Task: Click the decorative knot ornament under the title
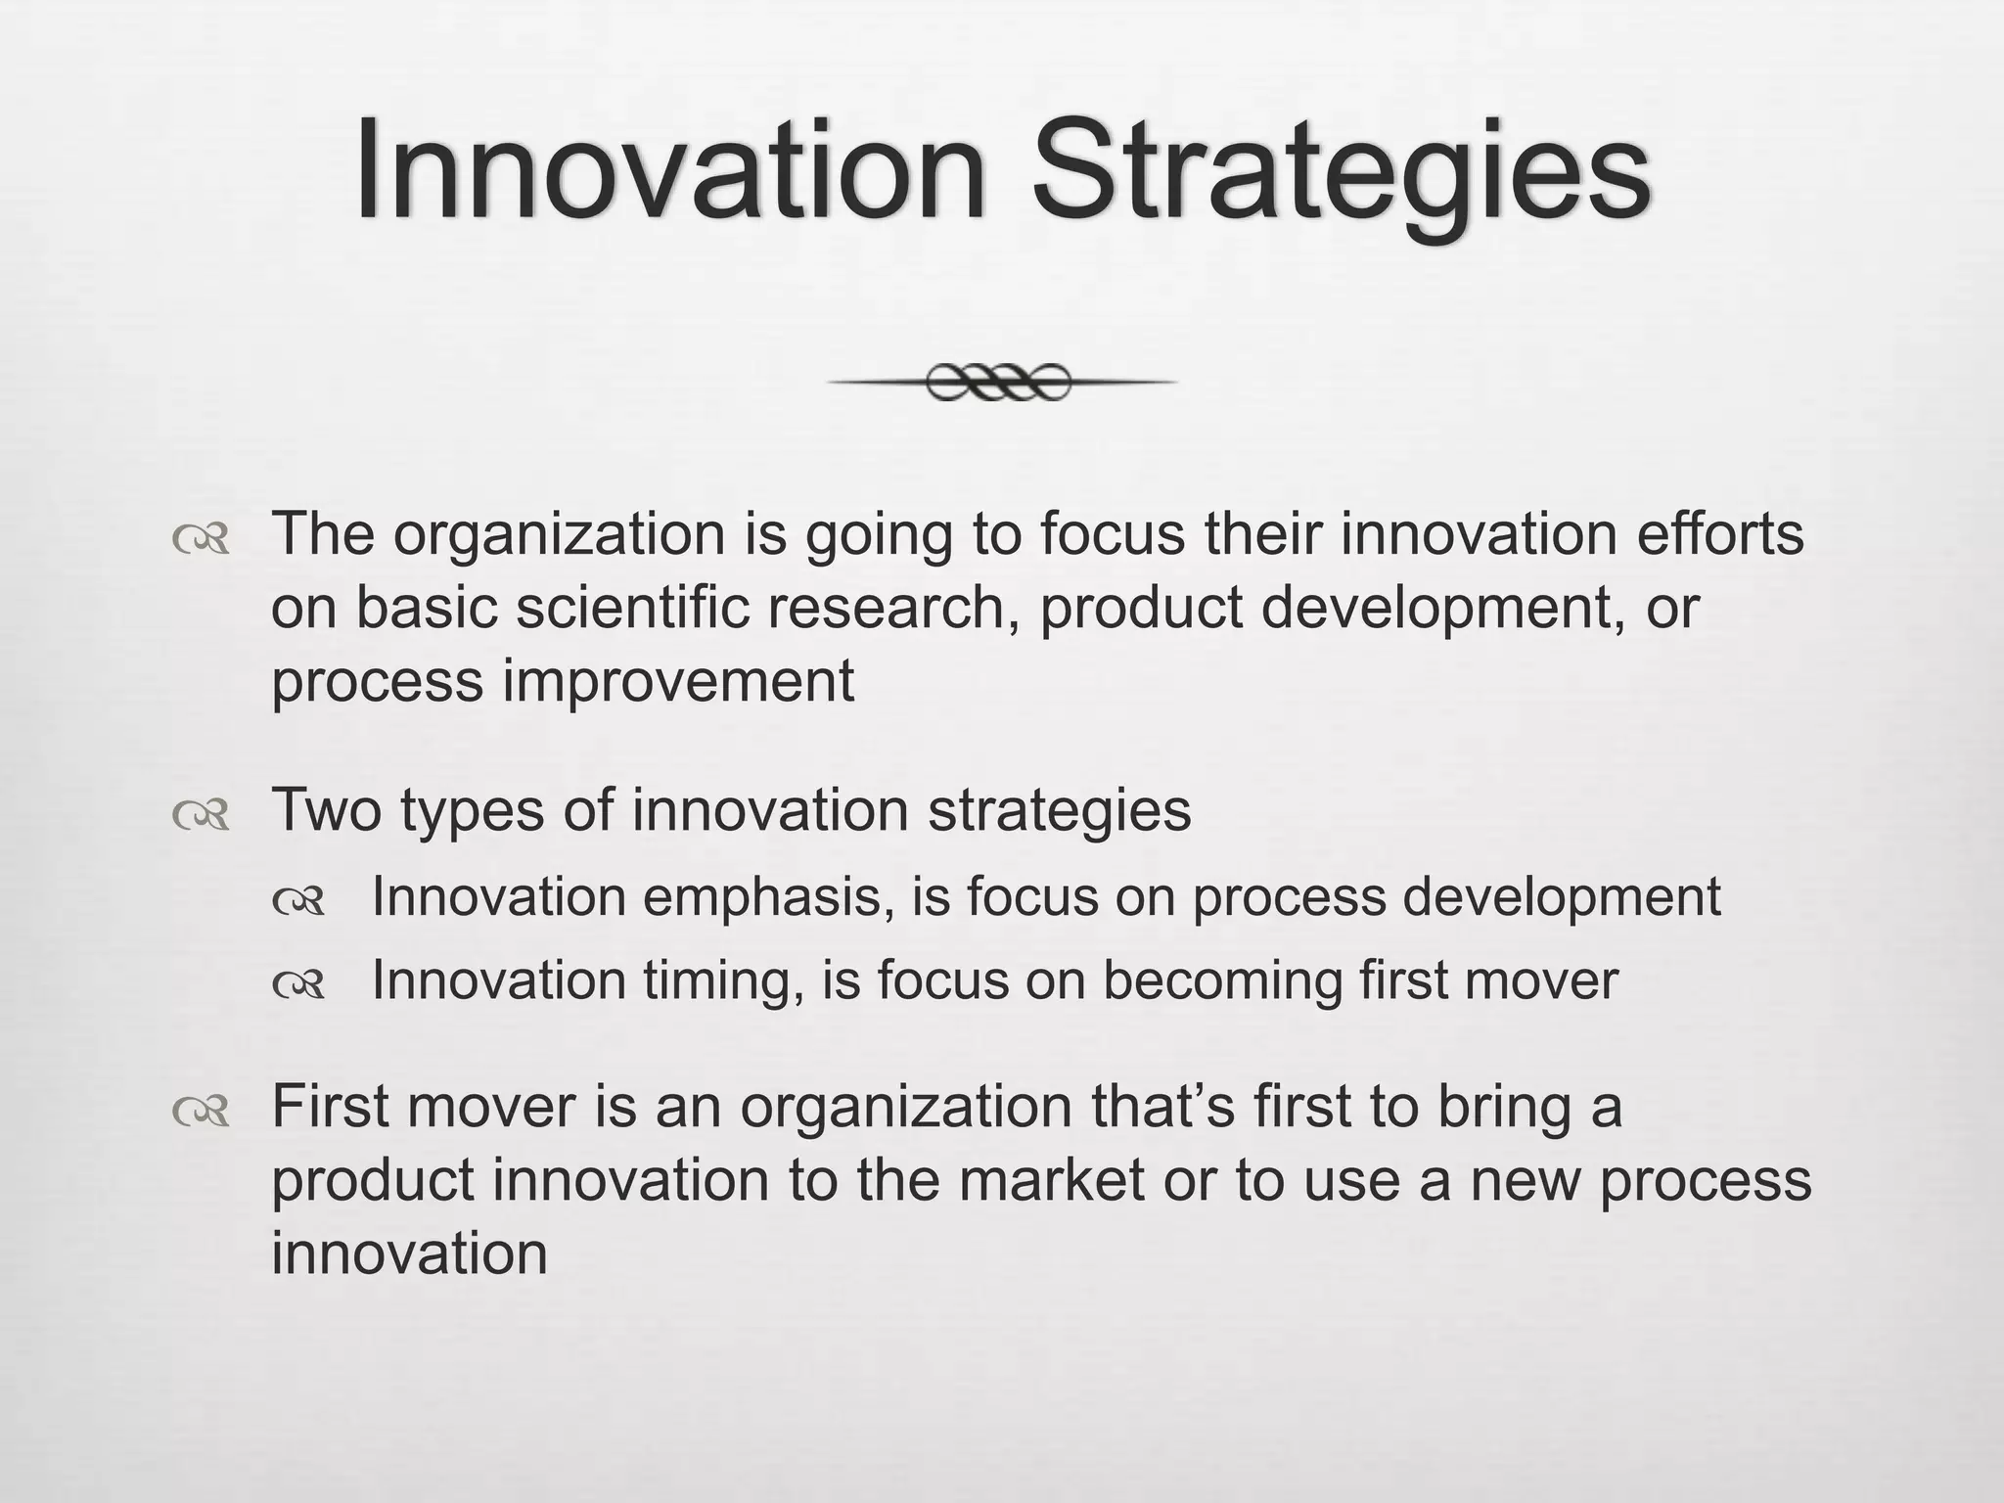tap(999, 382)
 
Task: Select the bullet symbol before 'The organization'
tap(201, 539)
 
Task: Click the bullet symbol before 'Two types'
tap(201, 814)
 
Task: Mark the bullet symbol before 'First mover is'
tap(201, 1111)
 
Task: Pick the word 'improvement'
tap(678, 681)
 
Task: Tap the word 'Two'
tap(326, 810)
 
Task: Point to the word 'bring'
tap(1503, 1107)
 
